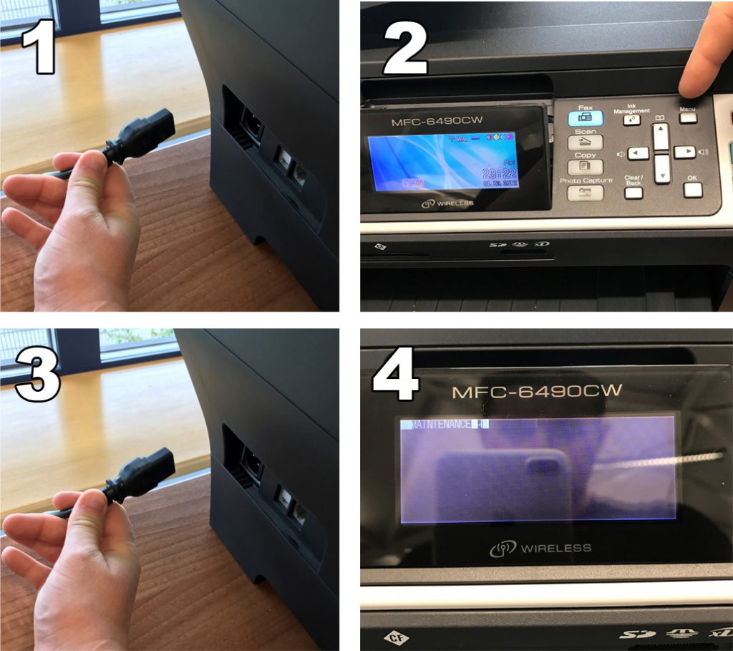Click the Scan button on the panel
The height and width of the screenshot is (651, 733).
tap(585, 142)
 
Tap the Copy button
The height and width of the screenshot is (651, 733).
tap(585, 165)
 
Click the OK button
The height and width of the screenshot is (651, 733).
tap(692, 190)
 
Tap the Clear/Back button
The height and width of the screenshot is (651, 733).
tap(634, 192)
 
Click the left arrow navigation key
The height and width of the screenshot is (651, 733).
tap(639, 153)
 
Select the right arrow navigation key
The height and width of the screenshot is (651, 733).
tap(684, 152)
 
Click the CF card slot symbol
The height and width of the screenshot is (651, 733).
tap(394, 635)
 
